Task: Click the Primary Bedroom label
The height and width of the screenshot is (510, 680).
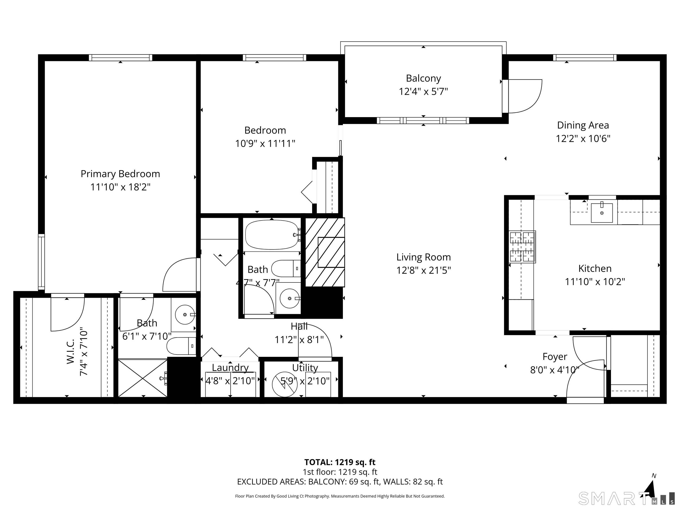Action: (120, 174)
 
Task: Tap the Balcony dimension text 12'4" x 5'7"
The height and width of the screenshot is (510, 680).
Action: (423, 92)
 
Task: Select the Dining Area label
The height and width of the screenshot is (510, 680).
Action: (583, 126)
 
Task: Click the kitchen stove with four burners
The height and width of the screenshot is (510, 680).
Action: (522, 247)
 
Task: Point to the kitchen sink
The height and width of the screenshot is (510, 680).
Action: (602, 213)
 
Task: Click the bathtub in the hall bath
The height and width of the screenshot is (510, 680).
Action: (272, 235)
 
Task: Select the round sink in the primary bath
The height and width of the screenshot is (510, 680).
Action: (185, 315)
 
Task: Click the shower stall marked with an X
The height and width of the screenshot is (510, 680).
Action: (143, 378)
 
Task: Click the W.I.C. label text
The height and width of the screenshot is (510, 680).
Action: (71, 352)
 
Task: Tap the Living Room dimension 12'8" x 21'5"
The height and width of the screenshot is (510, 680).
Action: (423, 270)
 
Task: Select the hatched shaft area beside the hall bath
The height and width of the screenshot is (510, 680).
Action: (325, 252)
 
